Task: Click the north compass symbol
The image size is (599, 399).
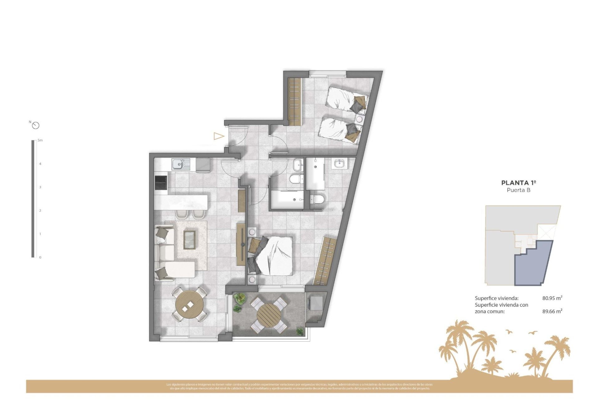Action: (x=36, y=125)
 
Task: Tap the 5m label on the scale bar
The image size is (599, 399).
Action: (x=40, y=140)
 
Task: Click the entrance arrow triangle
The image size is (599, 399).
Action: (x=219, y=136)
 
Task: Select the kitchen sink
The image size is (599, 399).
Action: (x=178, y=164)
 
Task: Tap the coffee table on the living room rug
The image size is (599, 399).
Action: (x=189, y=240)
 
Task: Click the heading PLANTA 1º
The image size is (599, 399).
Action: (x=519, y=183)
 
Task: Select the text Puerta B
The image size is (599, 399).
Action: (x=519, y=190)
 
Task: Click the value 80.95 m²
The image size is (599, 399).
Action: (x=552, y=298)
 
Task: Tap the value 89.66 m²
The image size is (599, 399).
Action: (x=552, y=311)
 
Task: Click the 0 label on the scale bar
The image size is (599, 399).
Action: (x=40, y=257)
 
